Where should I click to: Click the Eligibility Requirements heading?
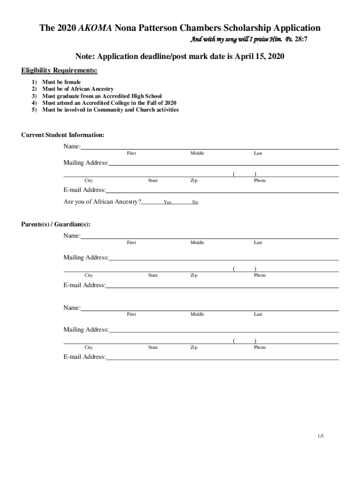point(59,71)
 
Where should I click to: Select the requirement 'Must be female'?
point(61,82)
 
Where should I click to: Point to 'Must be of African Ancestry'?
point(78,89)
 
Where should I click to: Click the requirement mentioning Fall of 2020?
point(109,103)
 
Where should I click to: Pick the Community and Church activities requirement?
point(110,110)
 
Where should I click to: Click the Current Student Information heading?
point(63,135)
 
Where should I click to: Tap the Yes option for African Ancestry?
point(167,203)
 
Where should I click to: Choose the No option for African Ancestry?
point(195,203)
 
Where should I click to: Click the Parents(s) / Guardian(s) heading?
point(56,225)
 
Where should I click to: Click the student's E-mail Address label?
point(85,190)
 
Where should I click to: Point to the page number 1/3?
point(320,436)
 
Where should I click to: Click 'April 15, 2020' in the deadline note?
point(258,57)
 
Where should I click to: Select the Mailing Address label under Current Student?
point(86,163)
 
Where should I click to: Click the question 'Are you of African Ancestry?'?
point(102,202)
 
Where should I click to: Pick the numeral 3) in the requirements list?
point(34,96)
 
